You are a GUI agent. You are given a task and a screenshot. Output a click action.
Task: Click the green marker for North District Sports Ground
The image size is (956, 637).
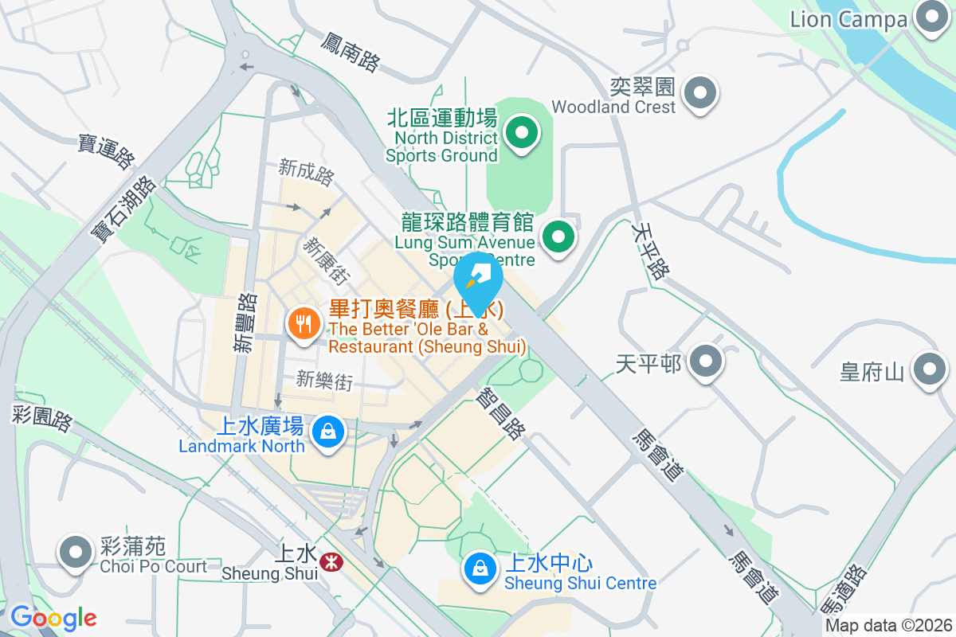pyautogui.click(x=523, y=133)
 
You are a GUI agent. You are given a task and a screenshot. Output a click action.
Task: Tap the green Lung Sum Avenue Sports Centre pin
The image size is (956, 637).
pyautogui.click(x=558, y=236)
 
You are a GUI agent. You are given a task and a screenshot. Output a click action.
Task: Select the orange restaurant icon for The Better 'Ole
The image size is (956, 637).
pyautogui.click(x=304, y=324)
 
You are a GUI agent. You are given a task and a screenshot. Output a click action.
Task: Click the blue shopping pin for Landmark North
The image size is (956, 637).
pyautogui.click(x=327, y=432)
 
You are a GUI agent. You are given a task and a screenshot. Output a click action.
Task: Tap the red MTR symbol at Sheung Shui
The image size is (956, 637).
pyautogui.click(x=331, y=562)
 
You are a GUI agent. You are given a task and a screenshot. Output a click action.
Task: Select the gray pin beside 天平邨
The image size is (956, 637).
pyautogui.click(x=705, y=362)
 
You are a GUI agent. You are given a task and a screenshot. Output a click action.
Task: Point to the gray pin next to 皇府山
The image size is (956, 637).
pyautogui.click(x=929, y=369)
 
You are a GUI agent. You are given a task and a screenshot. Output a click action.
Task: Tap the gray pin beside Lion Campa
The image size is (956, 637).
pyautogui.click(x=930, y=18)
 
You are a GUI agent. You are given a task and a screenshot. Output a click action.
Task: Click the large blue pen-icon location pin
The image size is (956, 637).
pyautogui.click(x=478, y=280)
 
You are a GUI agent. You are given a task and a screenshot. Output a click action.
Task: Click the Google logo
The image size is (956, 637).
pyautogui.click(x=53, y=618)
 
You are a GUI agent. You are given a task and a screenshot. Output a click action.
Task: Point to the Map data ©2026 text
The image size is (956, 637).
pyautogui.click(x=888, y=626)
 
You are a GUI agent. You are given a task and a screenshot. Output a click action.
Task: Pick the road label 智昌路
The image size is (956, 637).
pyautogui.click(x=500, y=412)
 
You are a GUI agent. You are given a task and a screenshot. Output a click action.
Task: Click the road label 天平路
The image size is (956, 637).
pyautogui.click(x=648, y=249)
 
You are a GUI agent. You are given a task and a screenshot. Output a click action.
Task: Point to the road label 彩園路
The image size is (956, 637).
pyautogui.click(x=42, y=416)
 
